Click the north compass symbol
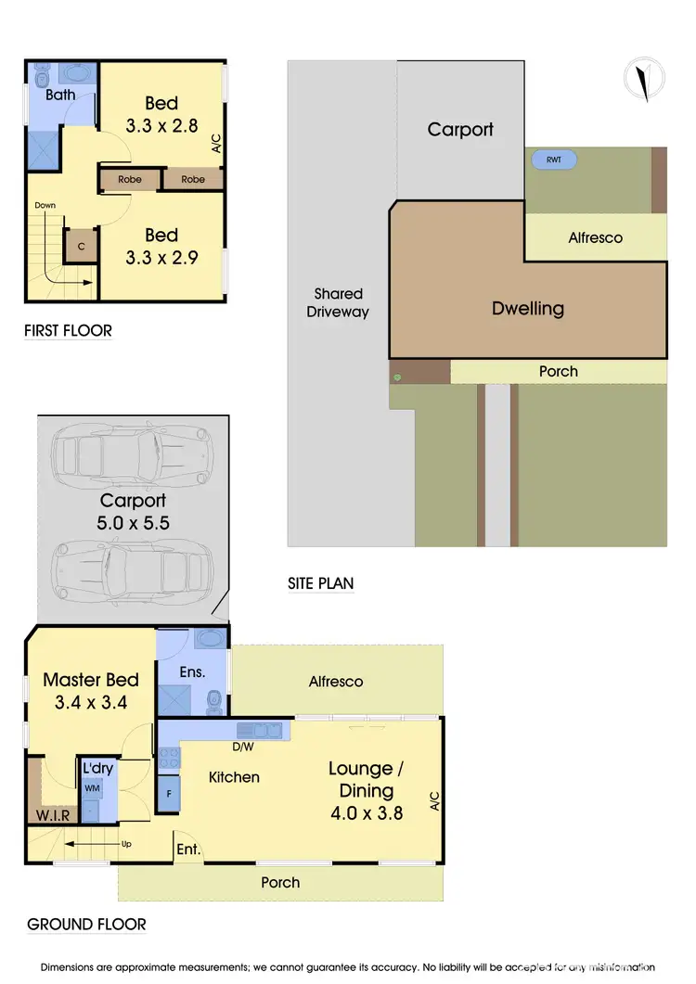[x=640, y=79]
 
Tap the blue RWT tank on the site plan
[x=554, y=160]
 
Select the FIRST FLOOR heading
[x=68, y=330]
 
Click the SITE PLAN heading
[x=320, y=583]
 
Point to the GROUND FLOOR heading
[x=85, y=924]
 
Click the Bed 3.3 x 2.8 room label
[x=161, y=114]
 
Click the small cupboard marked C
[x=81, y=247]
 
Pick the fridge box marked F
[x=169, y=794]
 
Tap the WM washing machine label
[x=91, y=787]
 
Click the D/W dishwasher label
[x=243, y=746]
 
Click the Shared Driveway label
[x=338, y=302]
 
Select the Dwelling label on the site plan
[x=527, y=308]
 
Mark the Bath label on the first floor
[x=60, y=96]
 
